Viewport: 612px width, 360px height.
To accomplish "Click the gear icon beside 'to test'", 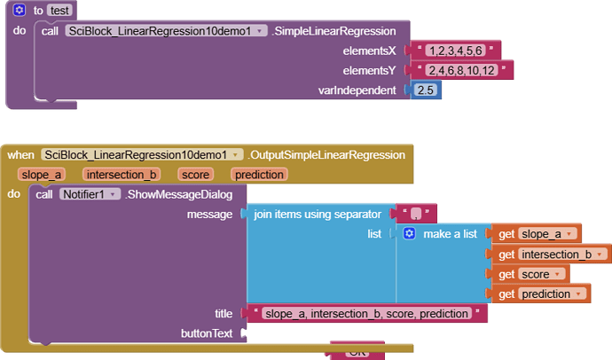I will pos(20,11).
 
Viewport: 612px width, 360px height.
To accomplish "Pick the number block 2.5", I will pos(426,90).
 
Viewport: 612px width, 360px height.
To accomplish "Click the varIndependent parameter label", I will pos(357,90).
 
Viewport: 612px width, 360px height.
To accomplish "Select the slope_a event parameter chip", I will pos(43,175).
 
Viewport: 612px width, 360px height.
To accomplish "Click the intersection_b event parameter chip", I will pos(122,175).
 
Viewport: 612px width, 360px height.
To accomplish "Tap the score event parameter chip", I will pos(194,175).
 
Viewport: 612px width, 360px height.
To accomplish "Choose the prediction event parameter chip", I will pos(259,175).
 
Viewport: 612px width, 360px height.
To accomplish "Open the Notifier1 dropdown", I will pos(90,194).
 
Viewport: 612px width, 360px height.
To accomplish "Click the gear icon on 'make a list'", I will pos(409,234).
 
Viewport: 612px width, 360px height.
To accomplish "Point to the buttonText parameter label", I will pos(206,333).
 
